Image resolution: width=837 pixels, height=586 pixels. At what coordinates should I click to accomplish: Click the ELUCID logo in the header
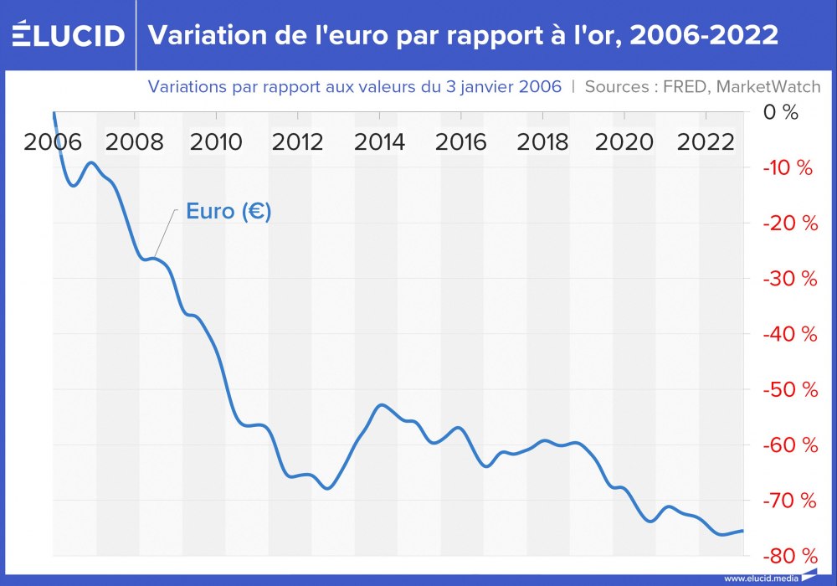[x=68, y=35]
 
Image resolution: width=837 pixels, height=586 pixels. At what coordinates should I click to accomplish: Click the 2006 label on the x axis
[x=53, y=141]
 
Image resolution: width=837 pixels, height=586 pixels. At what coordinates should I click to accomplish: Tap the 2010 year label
[x=216, y=141]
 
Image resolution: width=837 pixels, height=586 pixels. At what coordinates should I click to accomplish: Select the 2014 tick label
[x=379, y=141]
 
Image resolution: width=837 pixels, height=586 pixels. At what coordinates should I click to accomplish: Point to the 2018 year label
[x=542, y=141]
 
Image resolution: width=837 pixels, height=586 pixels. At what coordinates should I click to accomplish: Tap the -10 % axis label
[x=788, y=168]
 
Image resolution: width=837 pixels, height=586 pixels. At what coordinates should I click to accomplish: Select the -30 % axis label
[x=789, y=279]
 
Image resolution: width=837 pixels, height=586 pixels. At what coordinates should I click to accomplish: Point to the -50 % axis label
[x=789, y=390]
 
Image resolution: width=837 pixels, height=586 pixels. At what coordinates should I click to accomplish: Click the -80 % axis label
[x=789, y=556]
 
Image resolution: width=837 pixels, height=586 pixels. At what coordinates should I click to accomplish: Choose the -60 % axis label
[x=789, y=445]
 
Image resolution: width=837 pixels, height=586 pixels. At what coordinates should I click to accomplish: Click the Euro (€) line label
[x=229, y=212]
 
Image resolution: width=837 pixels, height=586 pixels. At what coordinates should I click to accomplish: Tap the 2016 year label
[x=460, y=141]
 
